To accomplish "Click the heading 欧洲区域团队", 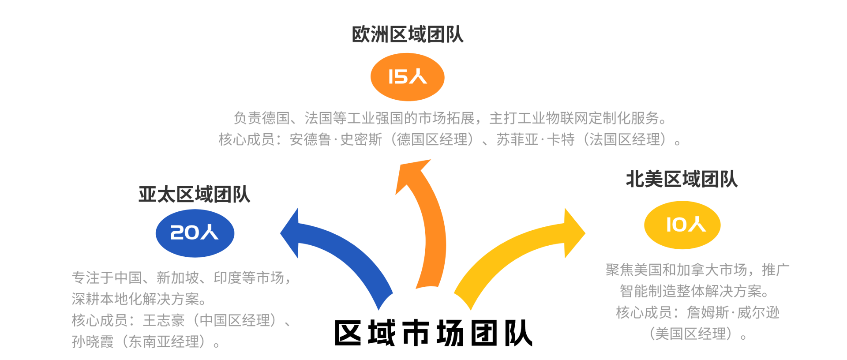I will (x=407, y=34).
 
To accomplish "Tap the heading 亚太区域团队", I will (x=194, y=195).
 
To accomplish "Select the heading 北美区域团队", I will (x=682, y=179).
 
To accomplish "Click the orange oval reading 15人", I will (x=407, y=77).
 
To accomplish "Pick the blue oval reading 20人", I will (x=195, y=233).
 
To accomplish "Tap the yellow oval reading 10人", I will (x=682, y=225).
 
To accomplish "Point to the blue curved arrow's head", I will (x=292, y=233).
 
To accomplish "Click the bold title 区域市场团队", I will (x=433, y=333).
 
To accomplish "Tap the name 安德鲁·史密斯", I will (x=336, y=140).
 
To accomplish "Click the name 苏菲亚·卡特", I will (x=536, y=140).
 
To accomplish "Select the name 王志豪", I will (x=164, y=320).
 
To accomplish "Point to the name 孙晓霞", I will (x=93, y=341).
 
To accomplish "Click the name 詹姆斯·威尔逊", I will (x=733, y=313).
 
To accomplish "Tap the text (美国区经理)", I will (x=691, y=334).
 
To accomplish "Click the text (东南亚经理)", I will (x=164, y=341).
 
